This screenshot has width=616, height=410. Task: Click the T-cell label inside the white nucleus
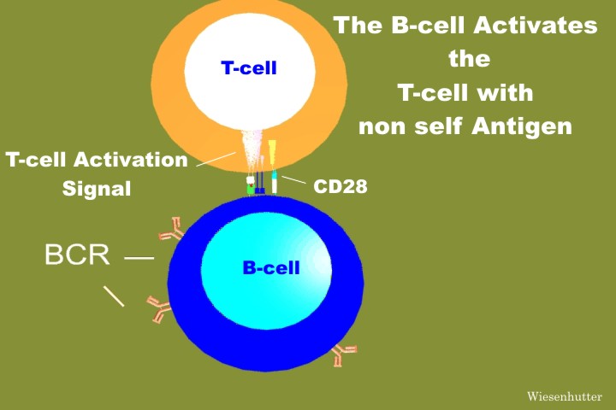tap(249, 67)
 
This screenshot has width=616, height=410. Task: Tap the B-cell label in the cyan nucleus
tap(271, 268)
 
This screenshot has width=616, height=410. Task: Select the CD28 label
tap(341, 186)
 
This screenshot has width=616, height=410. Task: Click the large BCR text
tap(77, 255)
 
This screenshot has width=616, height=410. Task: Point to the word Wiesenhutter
tap(564, 396)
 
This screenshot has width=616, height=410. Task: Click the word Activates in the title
tap(536, 25)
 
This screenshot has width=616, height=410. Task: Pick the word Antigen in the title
tap(522, 126)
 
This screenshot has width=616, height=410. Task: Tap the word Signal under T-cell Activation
tap(97, 189)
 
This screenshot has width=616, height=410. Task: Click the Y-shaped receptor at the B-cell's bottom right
tap(342, 354)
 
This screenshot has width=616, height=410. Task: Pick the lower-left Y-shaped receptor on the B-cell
tap(159, 308)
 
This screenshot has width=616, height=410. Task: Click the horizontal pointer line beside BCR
tap(139, 258)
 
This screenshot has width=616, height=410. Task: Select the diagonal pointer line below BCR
tap(114, 296)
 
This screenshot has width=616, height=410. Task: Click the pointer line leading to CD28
tap(293, 179)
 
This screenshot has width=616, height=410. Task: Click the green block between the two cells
tap(250, 189)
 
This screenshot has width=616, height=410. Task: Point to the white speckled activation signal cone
tap(251, 151)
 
